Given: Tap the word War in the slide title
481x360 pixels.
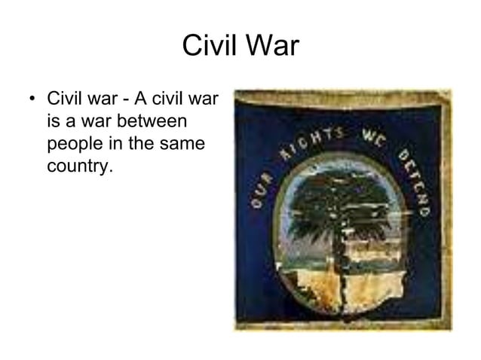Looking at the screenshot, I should click(x=272, y=47).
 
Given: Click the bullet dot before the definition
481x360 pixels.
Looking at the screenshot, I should click(x=32, y=100).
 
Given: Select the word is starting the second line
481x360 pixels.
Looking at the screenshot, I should click(x=53, y=121).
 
